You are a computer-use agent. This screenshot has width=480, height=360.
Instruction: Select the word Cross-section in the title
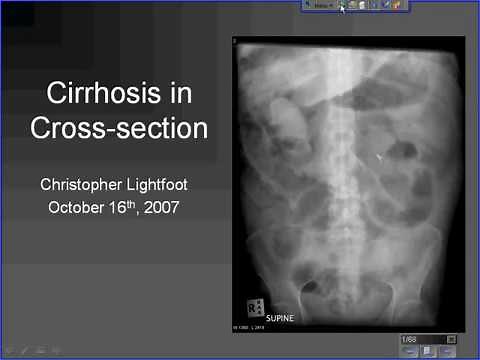pyautogui.click(x=119, y=128)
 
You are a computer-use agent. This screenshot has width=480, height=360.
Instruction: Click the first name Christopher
pyautogui.click(x=84, y=185)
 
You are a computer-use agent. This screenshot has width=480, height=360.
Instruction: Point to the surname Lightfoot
pyautogui.click(x=165, y=185)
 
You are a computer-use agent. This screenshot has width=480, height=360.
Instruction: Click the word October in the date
pyautogui.click(x=78, y=208)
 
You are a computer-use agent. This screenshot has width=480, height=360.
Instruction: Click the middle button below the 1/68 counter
pyautogui.click(x=428, y=352)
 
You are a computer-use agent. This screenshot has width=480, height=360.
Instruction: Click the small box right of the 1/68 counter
pyautogui.click(x=451, y=340)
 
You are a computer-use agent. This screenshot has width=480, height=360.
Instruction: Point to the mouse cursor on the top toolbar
pyautogui.click(x=341, y=6)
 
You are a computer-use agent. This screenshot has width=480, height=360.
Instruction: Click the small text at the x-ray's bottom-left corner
pyautogui.click(x=252, y=327)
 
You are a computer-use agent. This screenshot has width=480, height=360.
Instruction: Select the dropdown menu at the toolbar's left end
pyautogui.click(x=319, y=5)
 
